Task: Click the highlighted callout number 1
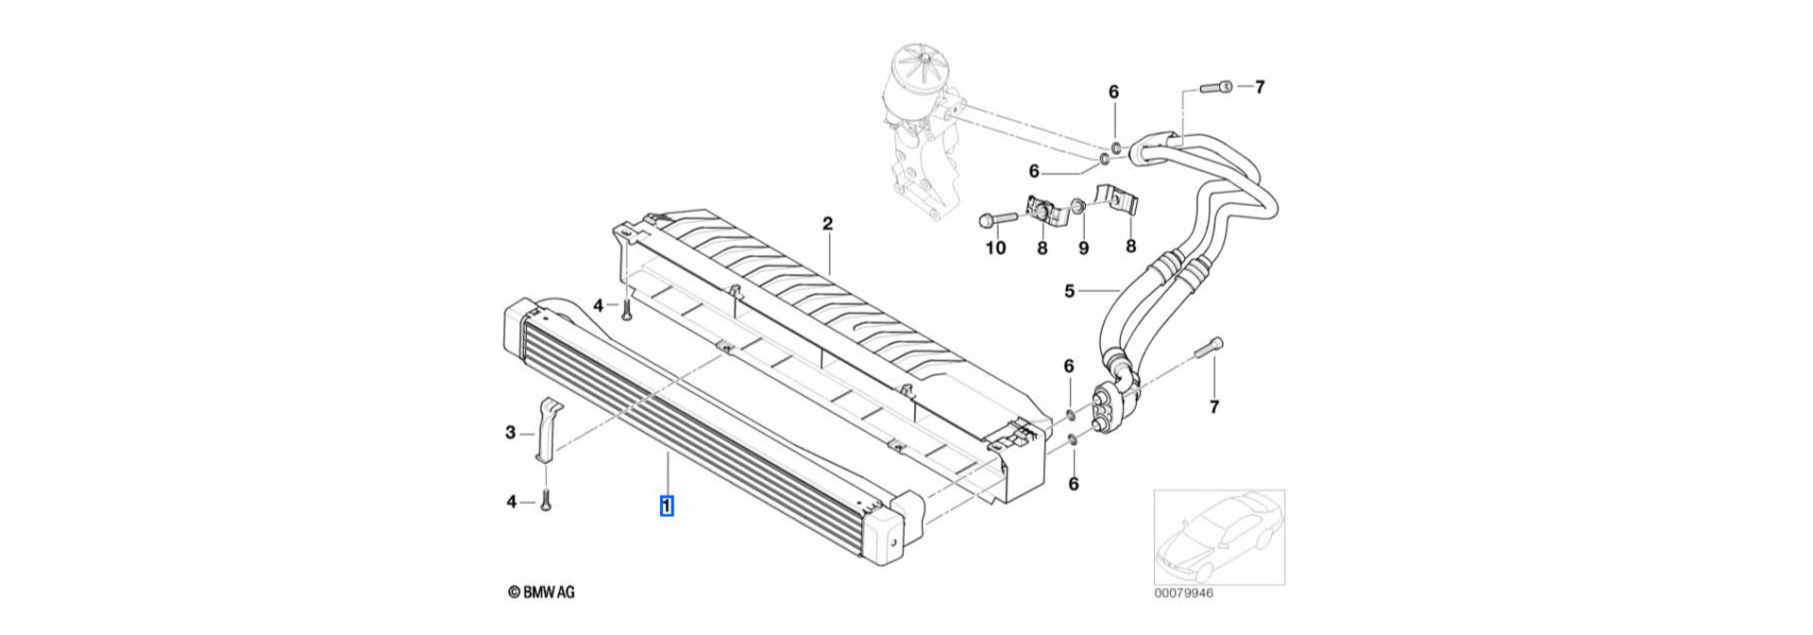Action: point(667,506)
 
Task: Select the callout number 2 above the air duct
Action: point(827,224)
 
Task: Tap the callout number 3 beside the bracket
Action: point(511,433)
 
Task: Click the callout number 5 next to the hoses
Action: point(1069,291)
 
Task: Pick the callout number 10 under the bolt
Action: point(995,249)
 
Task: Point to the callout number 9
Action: point(1083,249)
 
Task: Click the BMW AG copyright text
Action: point(541,592)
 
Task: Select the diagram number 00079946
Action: point(1183,594)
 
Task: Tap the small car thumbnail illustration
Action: point(1218,536)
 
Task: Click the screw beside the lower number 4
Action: point(546,502)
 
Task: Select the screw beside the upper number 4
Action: point(626,309)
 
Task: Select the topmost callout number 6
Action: point(1113,92)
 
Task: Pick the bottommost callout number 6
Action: point(1073,484)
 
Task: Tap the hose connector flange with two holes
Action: point(1111,405)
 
